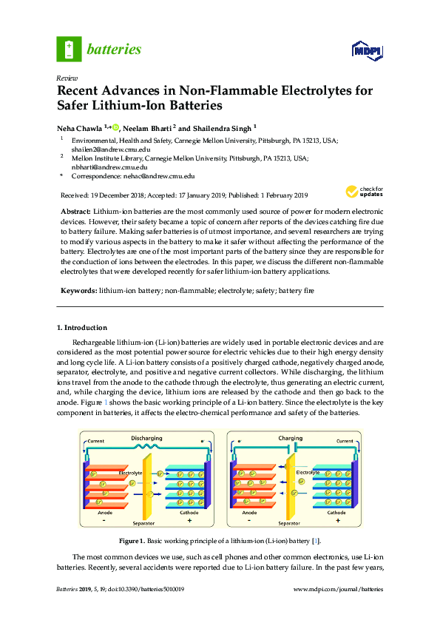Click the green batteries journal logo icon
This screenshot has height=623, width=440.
pyautogui.click(x=69, y=50)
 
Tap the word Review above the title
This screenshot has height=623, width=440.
pyautogui.click(x=68, y=77)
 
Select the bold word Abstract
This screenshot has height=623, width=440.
pyautogui.click(x=74, y=212)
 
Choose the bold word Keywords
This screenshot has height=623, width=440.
pyautogui.click(x=78, y=292)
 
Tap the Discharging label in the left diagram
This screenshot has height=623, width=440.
pyautogui.click(x=146, y=438)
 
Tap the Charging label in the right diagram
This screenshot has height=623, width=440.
pyautogui.click(x=290, y=438)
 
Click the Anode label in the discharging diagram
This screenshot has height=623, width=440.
pyautogui.click(x=104, y=512)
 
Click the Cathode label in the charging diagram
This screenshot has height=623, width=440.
pyautogui.click(x=336, y=512)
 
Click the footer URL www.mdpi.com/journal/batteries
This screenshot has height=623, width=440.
pyautogui.click(x=339, y=589)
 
